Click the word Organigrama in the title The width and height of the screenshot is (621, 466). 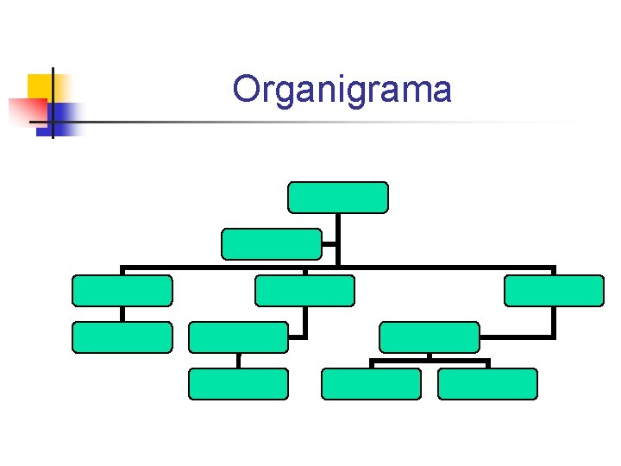tap(342, 90)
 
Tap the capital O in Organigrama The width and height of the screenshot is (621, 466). tap(248, 88)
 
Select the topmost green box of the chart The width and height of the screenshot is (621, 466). tap(337, 198)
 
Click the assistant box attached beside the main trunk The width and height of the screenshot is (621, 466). tap(272, 244)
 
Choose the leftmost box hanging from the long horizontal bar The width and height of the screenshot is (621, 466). tap(122, 291)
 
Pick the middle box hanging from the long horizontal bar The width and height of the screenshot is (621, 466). tap(304, 291)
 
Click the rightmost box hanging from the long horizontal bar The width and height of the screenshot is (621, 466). tap(554, 291)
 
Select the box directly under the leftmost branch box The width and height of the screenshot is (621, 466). tap(122, 337)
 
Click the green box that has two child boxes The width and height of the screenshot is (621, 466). tap(430, 337)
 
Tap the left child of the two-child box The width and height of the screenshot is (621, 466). tap(371, 384)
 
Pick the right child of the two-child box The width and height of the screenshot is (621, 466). tap(487, 384)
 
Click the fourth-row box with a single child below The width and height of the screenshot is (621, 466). tap(238, 337)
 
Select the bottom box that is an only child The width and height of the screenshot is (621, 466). tap(238, 384)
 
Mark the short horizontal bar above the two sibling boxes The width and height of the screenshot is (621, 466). tap(430, 361)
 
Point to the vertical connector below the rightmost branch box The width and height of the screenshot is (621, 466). tap(554, 321)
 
